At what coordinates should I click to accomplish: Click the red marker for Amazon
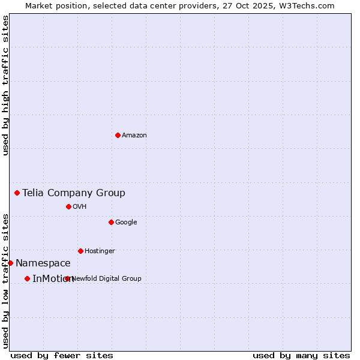(118, 135)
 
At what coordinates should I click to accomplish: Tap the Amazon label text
(134, 136)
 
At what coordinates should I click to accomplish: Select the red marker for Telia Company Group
(17, 193)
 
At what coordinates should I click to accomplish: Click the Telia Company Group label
(74, 193)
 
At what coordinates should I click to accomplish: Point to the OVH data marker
(68, 206)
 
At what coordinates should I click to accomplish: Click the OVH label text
(80, 207)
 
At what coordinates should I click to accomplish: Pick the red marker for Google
(111, 222)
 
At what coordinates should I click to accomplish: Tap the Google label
(126, 223)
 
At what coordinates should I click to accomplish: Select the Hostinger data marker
(80, 251)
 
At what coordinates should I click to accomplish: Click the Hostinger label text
(100, 251)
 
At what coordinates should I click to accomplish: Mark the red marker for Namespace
(10, 263)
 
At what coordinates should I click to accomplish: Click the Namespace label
(43, 263)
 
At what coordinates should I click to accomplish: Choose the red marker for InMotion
(27, 278)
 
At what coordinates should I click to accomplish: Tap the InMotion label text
(53, 278)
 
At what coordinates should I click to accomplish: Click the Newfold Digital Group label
(107, 278)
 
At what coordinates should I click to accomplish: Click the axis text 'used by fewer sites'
(62, 355)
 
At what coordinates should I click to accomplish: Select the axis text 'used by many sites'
(301, 355)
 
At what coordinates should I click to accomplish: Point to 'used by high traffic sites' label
(5, 86)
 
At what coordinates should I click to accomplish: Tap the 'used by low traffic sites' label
(5, 280)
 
